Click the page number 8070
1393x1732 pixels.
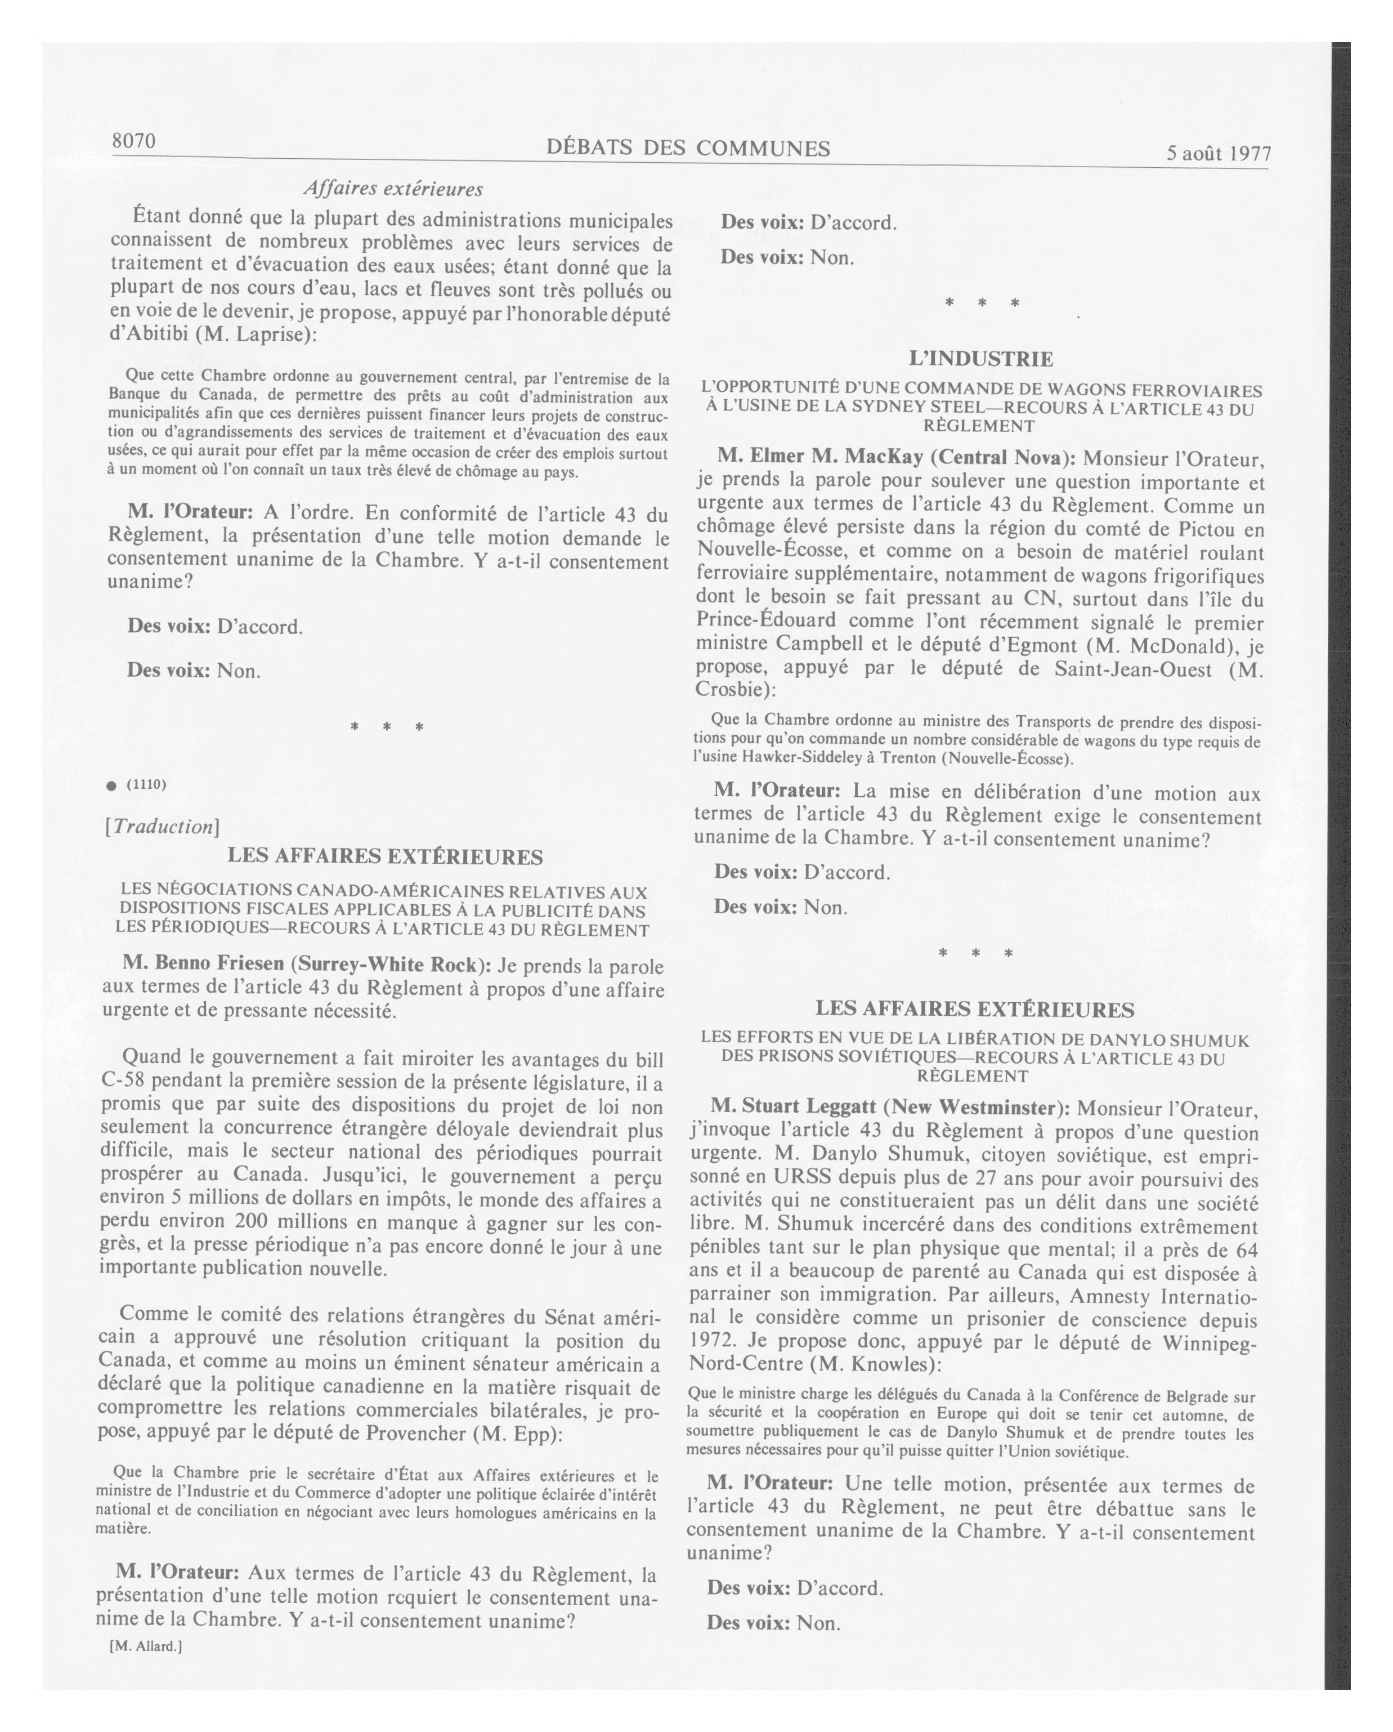point(133,141)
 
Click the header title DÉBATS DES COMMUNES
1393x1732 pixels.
point(688,148)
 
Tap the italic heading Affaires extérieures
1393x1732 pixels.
point(393,189)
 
